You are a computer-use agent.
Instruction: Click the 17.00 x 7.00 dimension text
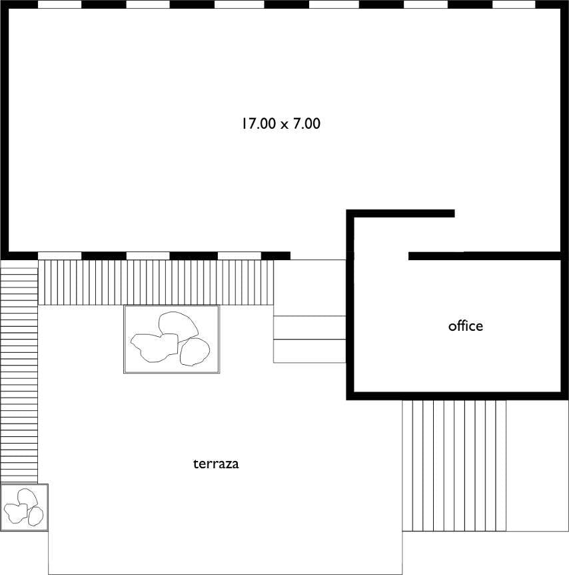click(x=281, y=123)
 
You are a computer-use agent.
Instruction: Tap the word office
click(x=466, y=326)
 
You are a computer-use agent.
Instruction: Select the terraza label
click(x=216, y=464)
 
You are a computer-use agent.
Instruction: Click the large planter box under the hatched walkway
click(x=171, y=340)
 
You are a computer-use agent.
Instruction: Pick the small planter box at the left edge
click(x=24, y=507)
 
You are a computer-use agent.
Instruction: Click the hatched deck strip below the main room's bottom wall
click(x=156, y=282)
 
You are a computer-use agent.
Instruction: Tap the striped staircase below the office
click(x=454, y=466)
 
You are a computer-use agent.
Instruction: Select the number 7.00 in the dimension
click(x=306, y=123)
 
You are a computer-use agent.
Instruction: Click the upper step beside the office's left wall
click(x=310, y=328)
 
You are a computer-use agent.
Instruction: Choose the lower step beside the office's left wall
click(x=310, y=351)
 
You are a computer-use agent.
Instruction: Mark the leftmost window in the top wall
click(x=60, y=4)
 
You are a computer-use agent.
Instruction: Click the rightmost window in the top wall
click(x=514, y=4)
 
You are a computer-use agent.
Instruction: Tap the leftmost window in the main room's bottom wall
click(x=60, y=255)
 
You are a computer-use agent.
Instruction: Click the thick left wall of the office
click(x=350, y=304)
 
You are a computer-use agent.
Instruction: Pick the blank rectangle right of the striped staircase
click(x=538, y=466)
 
